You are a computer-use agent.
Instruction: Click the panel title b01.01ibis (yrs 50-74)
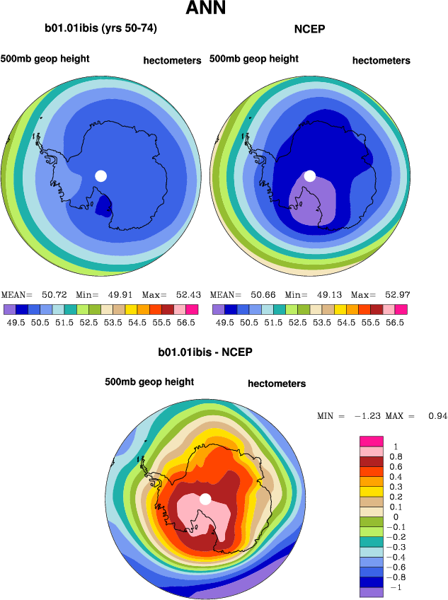[x=100, y=29]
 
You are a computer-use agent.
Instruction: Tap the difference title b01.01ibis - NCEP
[x=205, y=352]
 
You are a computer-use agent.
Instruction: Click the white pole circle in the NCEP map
[x=309, y=175]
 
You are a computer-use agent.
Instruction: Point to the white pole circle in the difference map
[x=205, y=499]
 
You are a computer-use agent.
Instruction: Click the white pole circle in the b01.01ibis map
[x=100, y=175]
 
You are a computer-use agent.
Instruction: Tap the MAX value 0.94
[x=437, y=415]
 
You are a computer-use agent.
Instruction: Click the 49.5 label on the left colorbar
[x=16, y=322]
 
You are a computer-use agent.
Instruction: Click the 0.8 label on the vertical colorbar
[x=397, y=457]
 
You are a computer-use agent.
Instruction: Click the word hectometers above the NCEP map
[x=381, y=61]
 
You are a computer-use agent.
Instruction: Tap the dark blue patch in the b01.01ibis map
[x=103, y=206]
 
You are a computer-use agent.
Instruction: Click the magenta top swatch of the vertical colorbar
[x=372, y=441]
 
